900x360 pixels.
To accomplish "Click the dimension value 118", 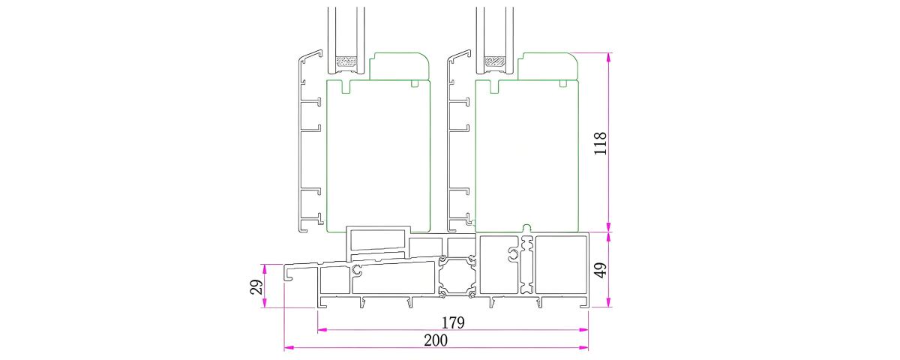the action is [x=600, y=143].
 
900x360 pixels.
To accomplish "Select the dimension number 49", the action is [x=601, y=270].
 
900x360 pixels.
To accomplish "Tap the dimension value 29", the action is [x=256, y=286].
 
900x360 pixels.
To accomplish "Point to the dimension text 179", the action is [x=453, y=322].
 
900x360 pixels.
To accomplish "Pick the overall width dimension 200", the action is [x=436, y=340].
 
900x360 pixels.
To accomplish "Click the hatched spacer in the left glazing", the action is [x=346, y=61].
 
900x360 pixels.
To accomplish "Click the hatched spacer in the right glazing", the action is [x=494, y=61].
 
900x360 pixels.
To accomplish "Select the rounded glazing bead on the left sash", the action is [x=399, y=66].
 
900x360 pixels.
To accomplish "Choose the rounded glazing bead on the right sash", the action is [x=547, y=66].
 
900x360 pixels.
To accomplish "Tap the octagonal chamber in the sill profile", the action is [x=457, y=277].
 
